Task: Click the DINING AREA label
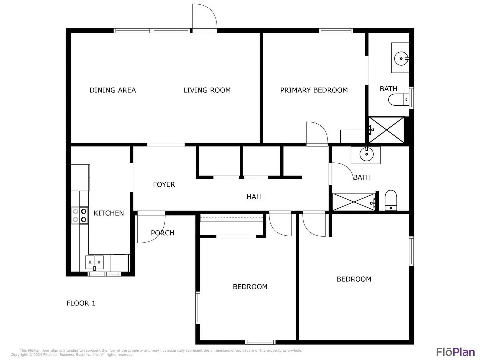click(113, 90)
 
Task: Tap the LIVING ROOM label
click(207, 90)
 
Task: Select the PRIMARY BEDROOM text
click(314, 90)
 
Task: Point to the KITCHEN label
click(109, 213)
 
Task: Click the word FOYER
click(164, 184)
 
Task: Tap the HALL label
click(255, 197)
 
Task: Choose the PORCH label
click(163, 233)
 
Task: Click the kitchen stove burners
click(80, 215)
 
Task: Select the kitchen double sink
click(94, 263)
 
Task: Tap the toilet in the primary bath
click(399, 100)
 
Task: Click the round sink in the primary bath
click(401, 59)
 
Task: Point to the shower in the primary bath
click(386, 130)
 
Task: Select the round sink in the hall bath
click(367, 154)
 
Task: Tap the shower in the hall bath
click(354, 202)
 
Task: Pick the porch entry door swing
click(151, 229)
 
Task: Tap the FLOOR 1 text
click(81, 303)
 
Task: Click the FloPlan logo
click(456, 352)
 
